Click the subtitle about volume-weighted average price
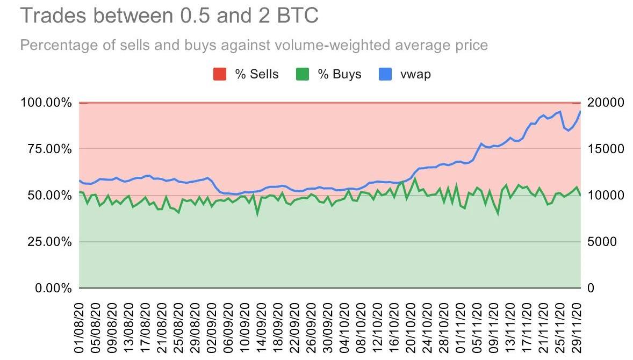pos(254,45)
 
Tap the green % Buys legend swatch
pos(302,74)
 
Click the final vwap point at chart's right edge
pos(580,111)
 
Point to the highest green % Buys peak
pos(414,178)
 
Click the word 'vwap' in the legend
pos(415,74)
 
